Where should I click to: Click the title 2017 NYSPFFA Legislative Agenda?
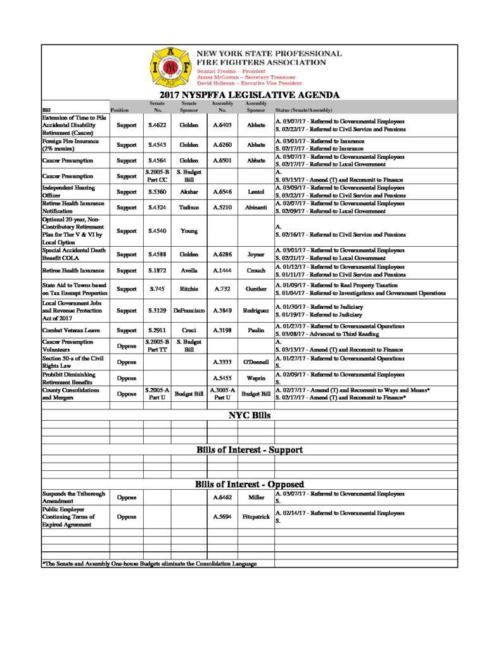coord(249,95)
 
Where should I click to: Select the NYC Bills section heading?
coord(249,416)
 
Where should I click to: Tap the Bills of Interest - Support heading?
coord(249,450)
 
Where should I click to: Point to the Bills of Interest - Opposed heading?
coord(249,484)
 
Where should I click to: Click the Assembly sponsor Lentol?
coord(256,191)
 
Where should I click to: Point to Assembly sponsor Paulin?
coord(256,330)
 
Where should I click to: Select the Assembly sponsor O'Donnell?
coord(256,362)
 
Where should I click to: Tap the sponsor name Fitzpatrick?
coord(256,516)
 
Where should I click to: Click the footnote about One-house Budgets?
coord(149,563)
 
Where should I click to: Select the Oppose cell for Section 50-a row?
coord(127,362)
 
